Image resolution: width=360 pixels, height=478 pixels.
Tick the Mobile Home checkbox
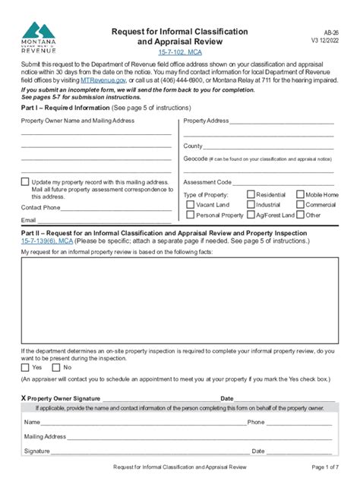tap(299, 195)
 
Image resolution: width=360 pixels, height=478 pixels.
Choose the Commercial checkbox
tap(299, 205)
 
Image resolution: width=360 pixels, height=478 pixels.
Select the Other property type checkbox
tap(299, 215)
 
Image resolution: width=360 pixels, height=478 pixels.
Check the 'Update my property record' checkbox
tap(25, 182)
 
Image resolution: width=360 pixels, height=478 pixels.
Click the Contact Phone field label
tap(41, 207)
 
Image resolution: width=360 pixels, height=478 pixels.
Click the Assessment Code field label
tap(207, 183)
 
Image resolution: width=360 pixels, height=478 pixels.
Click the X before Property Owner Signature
tap(24, 398)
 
